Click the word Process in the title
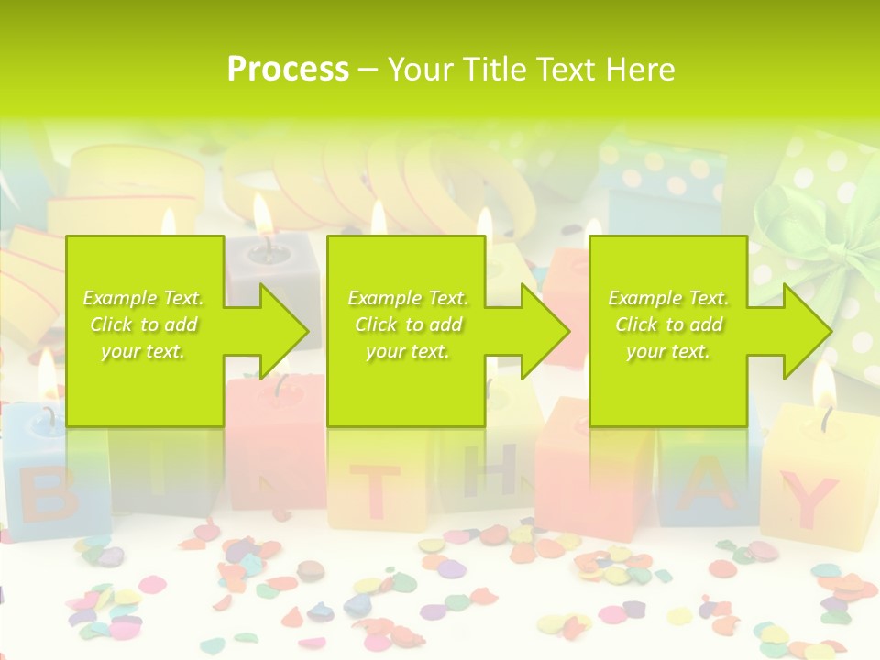[288, 70]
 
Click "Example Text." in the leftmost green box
[144, 298]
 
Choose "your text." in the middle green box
[408, 351]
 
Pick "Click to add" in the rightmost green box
[668, 324]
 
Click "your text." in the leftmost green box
[144, 351]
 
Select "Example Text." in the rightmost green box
[668, 298]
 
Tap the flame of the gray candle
[264, 215]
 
